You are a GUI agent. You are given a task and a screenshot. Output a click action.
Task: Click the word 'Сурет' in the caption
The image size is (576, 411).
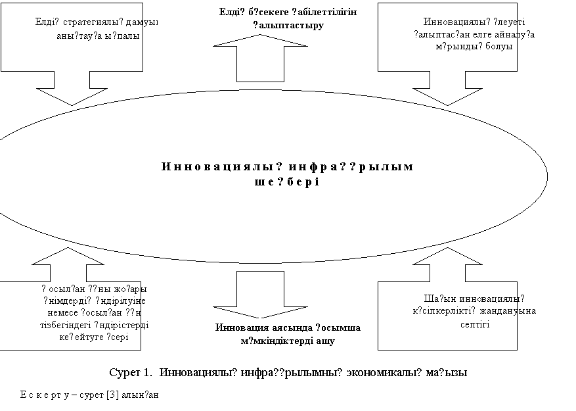click(124, 374)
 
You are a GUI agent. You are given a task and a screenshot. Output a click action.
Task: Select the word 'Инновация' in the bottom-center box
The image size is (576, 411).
click(240, 328)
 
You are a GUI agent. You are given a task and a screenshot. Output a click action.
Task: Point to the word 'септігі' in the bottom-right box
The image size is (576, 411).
click(474, 324)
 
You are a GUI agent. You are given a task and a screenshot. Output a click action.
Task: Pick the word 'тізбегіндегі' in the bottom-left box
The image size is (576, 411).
click(65, 324)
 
